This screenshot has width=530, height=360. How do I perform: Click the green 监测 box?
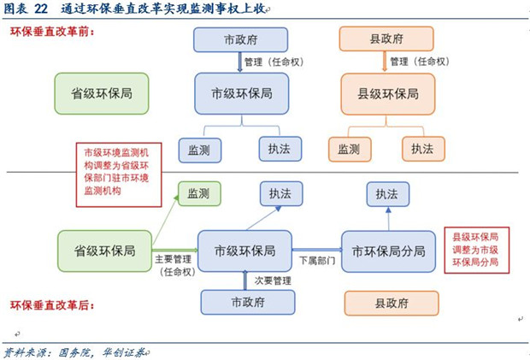198,193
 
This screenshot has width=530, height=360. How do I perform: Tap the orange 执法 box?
423,149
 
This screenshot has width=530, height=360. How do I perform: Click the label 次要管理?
273,280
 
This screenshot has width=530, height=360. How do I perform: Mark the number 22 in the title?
39,9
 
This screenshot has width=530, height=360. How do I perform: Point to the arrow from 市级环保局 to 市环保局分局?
319,251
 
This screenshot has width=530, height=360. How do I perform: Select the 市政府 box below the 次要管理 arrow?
247,303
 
